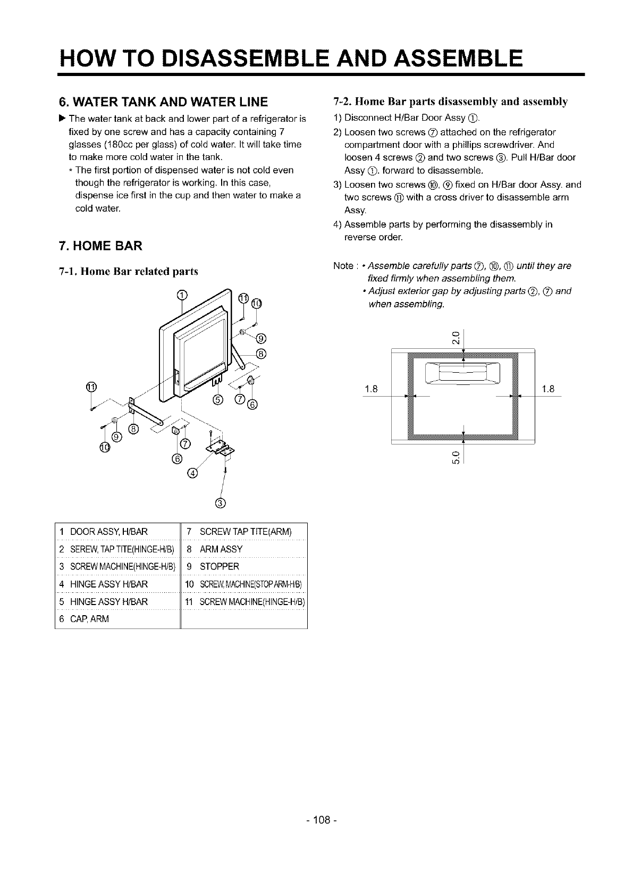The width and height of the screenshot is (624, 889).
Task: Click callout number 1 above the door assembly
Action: point(182,296)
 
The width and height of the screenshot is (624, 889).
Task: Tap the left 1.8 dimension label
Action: point(370,389)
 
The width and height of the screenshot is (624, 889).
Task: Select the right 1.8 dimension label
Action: point(549,389)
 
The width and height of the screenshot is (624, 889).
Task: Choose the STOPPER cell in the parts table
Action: point(219,566)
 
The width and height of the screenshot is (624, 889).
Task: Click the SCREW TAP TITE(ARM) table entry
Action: point(245,531)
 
